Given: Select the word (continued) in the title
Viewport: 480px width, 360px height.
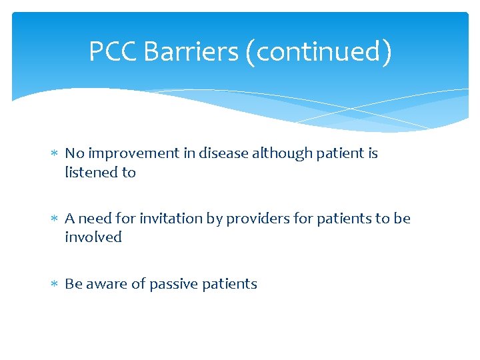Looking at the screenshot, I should tap(319, 51).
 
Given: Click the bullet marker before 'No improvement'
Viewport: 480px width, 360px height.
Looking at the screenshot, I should tap(54, 154).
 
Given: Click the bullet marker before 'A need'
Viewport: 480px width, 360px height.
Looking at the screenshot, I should tap(54, 219).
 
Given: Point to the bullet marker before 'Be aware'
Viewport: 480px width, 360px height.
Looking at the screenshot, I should tap(54, 285).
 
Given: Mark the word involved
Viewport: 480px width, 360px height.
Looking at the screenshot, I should tap(93, 237).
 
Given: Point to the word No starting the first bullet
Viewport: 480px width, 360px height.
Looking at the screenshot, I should tap(74, 153).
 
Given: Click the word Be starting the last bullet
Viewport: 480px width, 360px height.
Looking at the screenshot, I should tap(73, 284).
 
